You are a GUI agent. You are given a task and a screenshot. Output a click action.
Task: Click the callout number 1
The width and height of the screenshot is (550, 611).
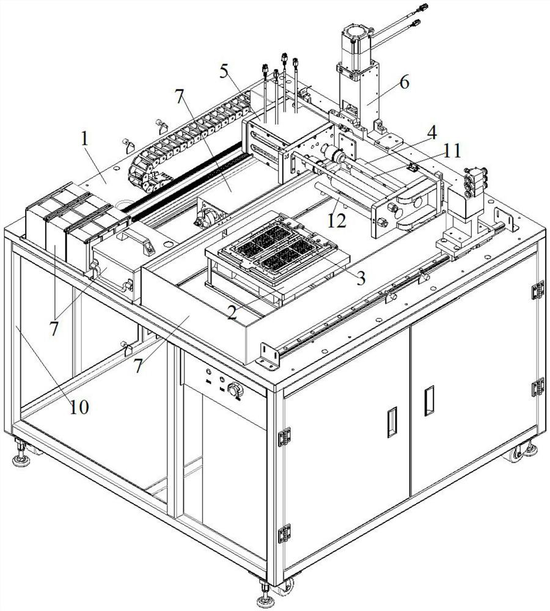(84, 139)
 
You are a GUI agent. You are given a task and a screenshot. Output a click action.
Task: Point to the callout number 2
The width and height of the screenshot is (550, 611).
(232, 312)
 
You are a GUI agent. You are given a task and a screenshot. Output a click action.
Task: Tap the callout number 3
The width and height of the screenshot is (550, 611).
(361, 278)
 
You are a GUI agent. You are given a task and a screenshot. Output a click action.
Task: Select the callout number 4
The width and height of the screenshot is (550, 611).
(431, 132)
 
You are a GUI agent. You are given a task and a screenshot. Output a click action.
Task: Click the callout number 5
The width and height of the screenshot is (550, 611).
(224, 71)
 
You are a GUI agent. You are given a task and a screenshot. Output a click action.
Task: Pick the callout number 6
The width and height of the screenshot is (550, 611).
(404, 82)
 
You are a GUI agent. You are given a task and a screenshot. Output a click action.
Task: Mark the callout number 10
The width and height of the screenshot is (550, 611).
(79, 407)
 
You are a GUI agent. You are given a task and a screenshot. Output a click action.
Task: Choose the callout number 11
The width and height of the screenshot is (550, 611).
(452, 150)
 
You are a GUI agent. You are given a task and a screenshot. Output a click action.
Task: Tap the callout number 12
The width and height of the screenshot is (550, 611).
(337, 221)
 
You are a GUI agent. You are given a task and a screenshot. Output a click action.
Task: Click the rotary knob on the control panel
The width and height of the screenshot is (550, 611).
(235, 390)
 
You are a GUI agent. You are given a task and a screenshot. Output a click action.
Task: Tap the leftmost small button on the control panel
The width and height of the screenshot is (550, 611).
(208, 371)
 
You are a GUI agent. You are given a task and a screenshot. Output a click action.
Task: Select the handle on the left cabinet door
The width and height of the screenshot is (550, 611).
(392, 422)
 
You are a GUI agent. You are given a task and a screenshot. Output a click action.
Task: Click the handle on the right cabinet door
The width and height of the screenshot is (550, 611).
(429, 401)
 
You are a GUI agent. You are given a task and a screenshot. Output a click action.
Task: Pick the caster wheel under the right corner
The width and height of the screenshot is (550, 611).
(515, 454)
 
